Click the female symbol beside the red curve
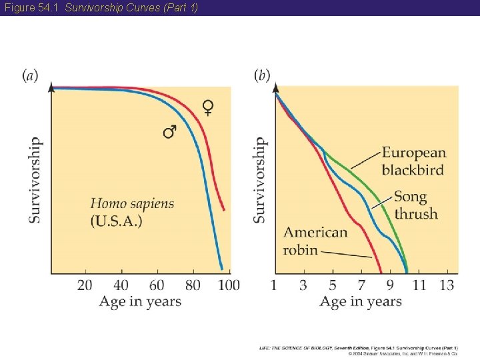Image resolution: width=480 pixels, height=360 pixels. coord(209,107)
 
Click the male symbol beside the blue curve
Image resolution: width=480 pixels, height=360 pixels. coord(171,131)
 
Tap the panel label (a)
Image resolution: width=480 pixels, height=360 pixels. coord(31,75)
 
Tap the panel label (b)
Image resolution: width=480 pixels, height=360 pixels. coord(262,75)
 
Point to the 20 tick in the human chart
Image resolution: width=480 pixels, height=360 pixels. coord(85,285)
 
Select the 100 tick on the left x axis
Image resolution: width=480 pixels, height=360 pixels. coord(229,285)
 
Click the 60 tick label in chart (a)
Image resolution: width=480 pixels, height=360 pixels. coord(157,285)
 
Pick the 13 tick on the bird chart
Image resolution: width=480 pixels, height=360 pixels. coord(447,285)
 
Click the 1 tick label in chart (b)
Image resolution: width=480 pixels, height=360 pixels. coord(274,285)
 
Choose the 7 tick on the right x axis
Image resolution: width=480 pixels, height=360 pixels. coord(361,285)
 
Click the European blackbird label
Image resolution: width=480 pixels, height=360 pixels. coord(413,161)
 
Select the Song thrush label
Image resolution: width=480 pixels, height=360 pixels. coord(415,205)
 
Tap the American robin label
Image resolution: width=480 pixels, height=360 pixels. coord(315,241)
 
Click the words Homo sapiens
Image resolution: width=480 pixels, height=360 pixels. coord(131,204)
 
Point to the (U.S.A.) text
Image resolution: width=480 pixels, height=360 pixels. coord(117,221)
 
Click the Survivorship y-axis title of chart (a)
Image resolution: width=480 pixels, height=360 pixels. coord(35,180)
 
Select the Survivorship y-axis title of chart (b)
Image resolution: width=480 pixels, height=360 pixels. coord(260,180)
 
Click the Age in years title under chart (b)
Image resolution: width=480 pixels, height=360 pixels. coord(361,302)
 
